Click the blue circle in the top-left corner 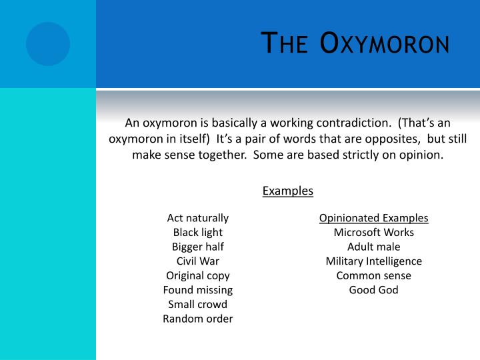point(48,44)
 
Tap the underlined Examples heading point(288,191)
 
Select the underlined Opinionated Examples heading point(373,218)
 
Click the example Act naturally point(198,218)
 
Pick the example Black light point(198,233)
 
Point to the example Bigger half point(198,247)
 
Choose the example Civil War point(198,261)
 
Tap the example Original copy point(198,275)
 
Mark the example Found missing point(198,290)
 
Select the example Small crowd point(198,304)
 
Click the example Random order point(198,319)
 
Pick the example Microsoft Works point(373,233)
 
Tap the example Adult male point(373,247)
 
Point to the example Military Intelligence point(373,261)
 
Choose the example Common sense point(373,275)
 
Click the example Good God point(373,290)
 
